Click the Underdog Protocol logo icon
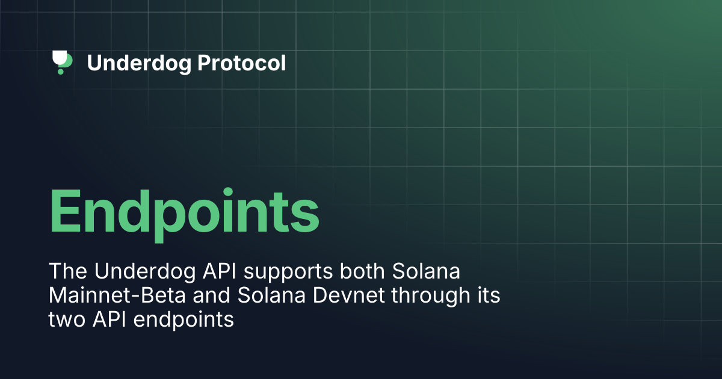pos(62,62)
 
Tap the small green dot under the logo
pos(60,72)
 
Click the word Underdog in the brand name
pos(139,63)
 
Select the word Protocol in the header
pos(241,63)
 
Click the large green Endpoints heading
pos(184,214)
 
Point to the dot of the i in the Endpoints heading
pos(228,191)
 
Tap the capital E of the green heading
pos(66,211)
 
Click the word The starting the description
pos(67,271)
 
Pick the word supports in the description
pos(288,273)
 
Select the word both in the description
pos(362,271)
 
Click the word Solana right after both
pos(426,271)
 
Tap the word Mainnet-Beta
pos(117,295)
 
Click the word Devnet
pos(348,295)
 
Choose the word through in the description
pos(431,296)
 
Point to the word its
pos(489,295)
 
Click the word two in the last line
pos(67,319)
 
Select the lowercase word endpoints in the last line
pos(184,321)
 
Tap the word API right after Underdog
pos(220,271)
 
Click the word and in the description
pos(211,295)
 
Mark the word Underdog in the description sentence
pos(145,272)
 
